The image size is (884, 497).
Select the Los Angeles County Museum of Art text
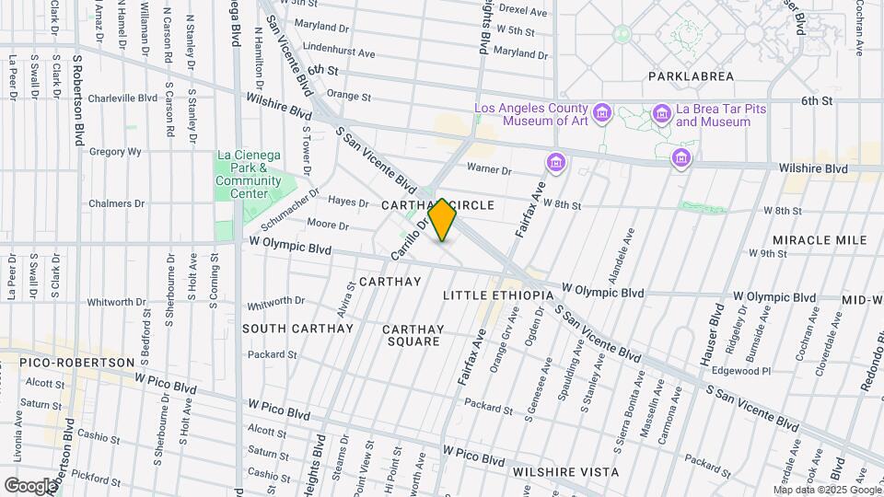tap(531, 115)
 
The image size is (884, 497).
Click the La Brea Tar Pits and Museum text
tap(714, 115)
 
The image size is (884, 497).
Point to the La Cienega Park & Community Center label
tap(249, 174)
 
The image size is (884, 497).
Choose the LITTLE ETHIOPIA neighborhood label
tap(497, 295)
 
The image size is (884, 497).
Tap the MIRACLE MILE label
tap(820, 240)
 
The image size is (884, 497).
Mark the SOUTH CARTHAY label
tap(297, 329)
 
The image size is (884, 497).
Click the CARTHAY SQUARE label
tap(413, 335)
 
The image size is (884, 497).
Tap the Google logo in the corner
tap(30, 485)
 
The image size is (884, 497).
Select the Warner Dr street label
tap(488, 169)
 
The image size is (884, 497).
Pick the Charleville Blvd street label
tap(122, 98)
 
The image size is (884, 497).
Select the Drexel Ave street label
tap(523, 12)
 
